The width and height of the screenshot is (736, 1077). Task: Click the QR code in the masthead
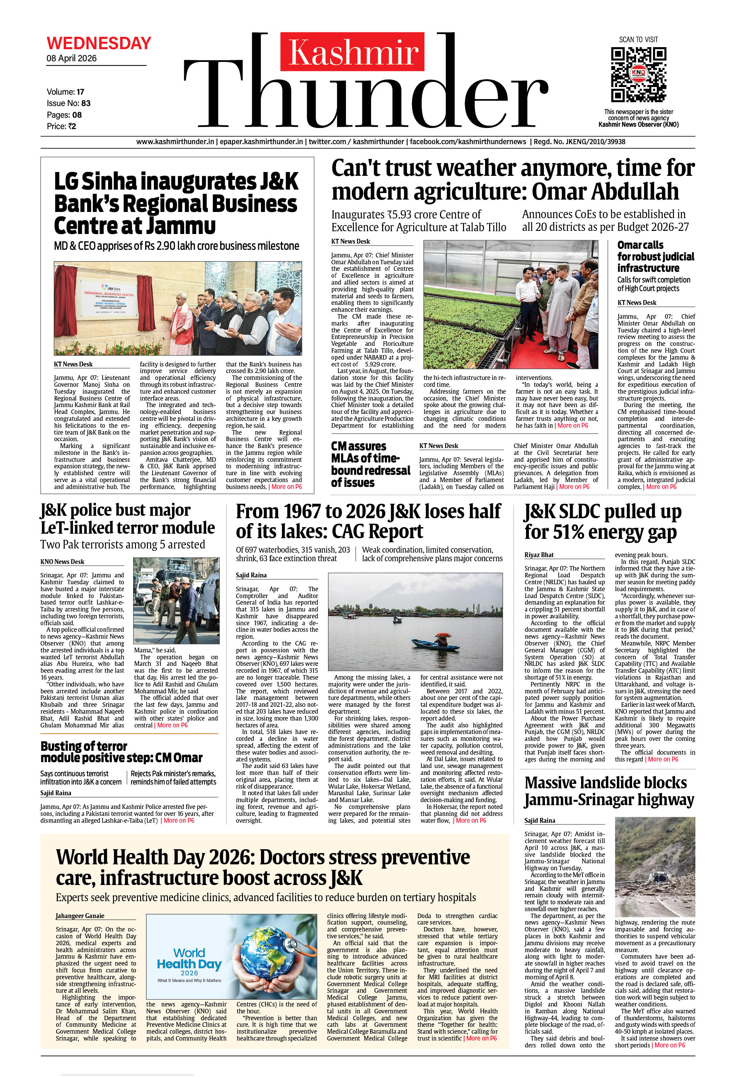638,74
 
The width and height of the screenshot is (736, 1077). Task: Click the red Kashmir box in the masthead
352,51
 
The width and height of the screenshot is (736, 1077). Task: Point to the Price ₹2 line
61,126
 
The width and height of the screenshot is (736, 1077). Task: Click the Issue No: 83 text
69,103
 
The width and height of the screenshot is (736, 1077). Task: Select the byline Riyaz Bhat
539,555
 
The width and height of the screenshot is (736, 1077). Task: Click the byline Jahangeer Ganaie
80,916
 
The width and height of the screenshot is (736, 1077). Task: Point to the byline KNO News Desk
62,562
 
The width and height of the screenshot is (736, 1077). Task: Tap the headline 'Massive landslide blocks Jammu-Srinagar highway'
609,791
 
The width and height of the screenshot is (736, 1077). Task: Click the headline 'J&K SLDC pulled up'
602,512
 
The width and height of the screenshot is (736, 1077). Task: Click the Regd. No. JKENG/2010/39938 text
579,142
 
